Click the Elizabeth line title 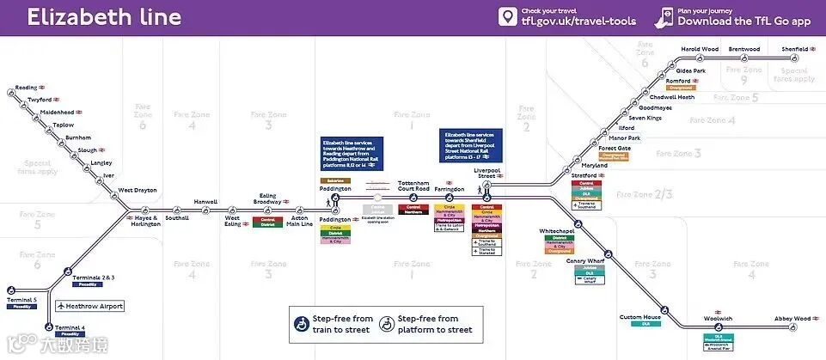point(104,17)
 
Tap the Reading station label point(27,88)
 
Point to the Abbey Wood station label point(792,319)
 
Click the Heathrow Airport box point(90,306)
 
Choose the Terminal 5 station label point(22,299)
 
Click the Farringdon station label point(449,189)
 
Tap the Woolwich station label point(718,319)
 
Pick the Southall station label point(176,218)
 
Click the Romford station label point(678,81)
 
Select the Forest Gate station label point(615,148)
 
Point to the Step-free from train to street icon point(303,324)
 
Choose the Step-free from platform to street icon point(388,324)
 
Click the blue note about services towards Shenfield point(473,145)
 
